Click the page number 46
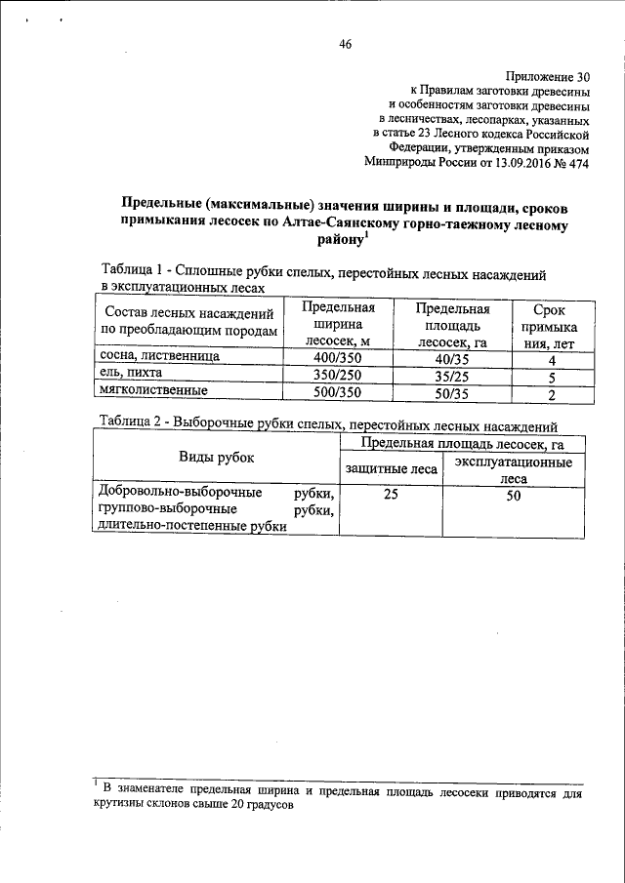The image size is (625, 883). pos(345,43)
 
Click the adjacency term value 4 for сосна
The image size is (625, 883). pos(552,359)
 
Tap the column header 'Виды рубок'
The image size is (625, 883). pos(215,457)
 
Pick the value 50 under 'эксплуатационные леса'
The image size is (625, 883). pos(513,496)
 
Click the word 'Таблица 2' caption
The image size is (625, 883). pos(134,422)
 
